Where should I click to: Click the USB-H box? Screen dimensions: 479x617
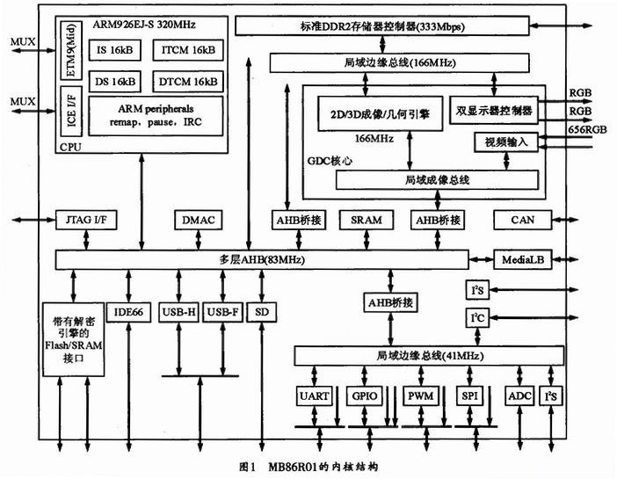[178, 311]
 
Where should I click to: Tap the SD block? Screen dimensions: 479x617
[261, 311]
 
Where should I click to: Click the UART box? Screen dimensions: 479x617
[314, 396]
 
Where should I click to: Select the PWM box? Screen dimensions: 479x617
[417, 396]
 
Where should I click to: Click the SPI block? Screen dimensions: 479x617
[468, 396]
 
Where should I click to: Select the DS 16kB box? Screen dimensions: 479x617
[115, 81]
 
